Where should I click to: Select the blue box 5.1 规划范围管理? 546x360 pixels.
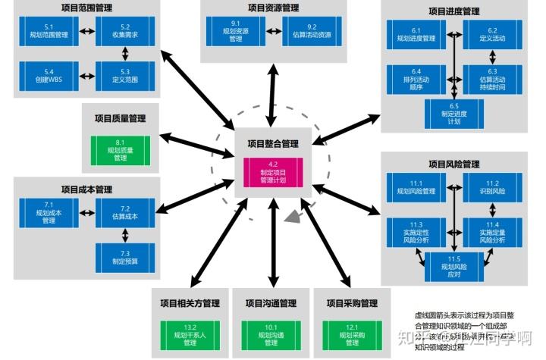coord(43,33)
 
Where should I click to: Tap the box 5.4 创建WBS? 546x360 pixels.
coord(43,76)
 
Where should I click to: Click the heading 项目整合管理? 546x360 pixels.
coord(272,143)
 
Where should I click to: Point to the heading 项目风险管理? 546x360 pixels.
coord(453,164)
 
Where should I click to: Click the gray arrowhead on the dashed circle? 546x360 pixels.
coord(290,219)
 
